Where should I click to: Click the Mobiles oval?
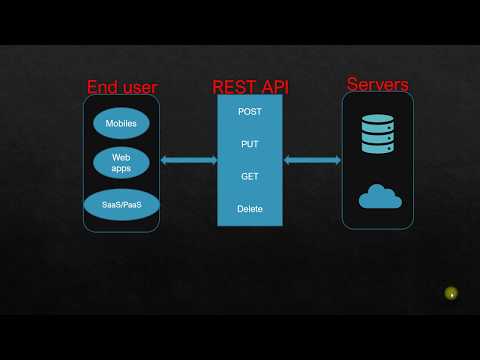coord(121,124)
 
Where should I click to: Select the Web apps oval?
coord(121,162)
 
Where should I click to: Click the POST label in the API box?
coord(250,111)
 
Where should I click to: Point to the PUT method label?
coord(250,144)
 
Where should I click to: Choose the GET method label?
coord(250,176)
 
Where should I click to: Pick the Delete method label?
coord(250,208)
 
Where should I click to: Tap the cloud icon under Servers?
coord(381,197)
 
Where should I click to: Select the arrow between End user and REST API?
coord(189,160)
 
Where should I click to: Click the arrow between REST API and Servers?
coord(312,160)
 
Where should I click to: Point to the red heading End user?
coord(122,87)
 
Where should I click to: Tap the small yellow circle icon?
coord(452,293)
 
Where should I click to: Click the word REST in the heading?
coord(236,86)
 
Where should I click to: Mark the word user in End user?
coord(139,87)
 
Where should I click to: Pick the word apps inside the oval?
coord(121,169)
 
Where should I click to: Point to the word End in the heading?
coord(102,87)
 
